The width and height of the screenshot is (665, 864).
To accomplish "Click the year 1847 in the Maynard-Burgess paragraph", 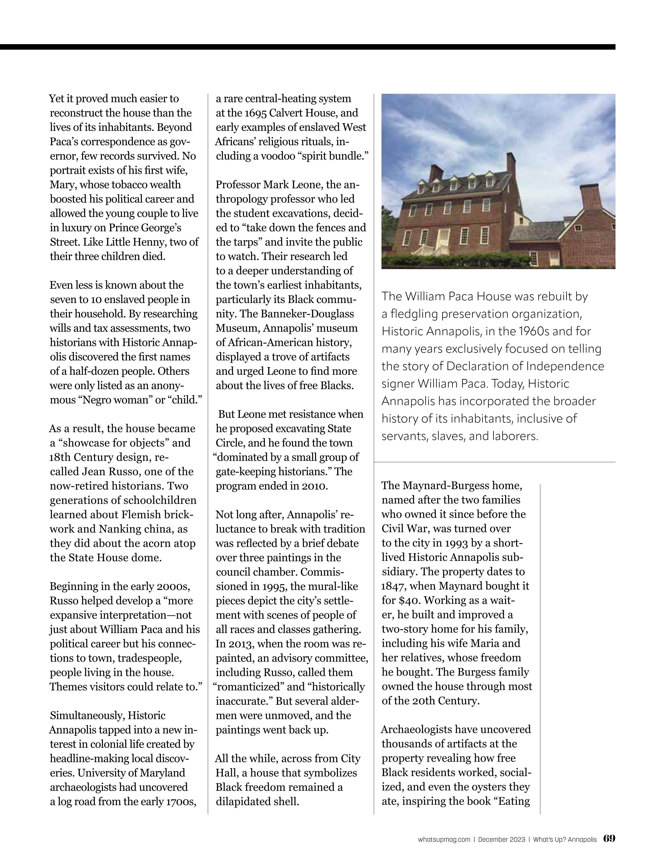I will pyautogui.click(x=394, y=586).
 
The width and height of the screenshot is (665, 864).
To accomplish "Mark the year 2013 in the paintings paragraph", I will pyautogui.click(x=241, y=644).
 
